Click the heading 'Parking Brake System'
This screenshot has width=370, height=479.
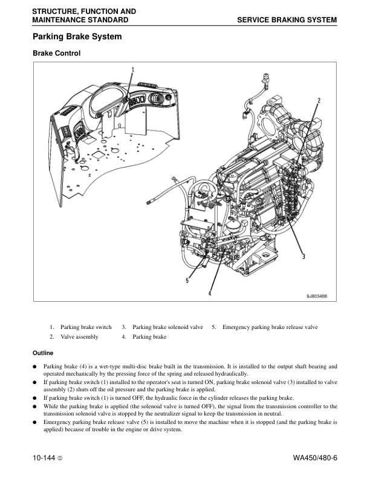(x=77, y=37)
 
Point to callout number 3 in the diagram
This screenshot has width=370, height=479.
(x=303, y=256)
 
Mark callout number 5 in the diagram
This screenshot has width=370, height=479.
(x=187, y=281)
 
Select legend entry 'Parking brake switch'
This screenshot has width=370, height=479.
(x=86, y=327)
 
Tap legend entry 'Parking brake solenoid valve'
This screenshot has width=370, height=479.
(x=167, y=327)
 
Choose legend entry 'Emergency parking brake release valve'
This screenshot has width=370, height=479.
(x=270, y=327)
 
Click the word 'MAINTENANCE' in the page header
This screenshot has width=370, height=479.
(x=59, y=20)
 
